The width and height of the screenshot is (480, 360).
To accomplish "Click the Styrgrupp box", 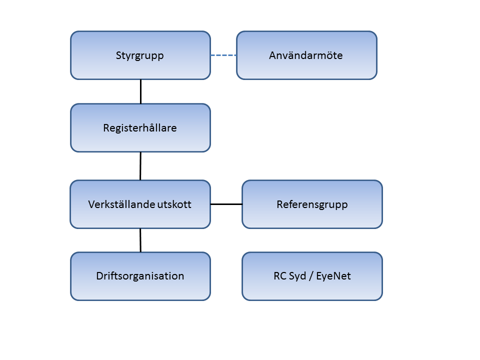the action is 140,55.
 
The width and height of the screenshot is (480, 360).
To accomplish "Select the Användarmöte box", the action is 306,55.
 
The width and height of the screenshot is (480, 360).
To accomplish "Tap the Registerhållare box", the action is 140,128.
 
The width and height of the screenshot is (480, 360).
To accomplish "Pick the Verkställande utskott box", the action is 140,204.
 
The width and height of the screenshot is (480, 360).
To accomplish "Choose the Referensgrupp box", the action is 312,204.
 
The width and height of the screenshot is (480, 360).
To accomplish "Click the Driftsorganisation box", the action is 140,276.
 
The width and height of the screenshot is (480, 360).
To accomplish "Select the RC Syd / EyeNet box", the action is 312,276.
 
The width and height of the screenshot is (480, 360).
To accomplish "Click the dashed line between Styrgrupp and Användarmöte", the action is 223,55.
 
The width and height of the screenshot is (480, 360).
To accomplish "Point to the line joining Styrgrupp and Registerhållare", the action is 141,91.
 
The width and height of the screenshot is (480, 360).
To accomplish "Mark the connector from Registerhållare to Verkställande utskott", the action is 140,166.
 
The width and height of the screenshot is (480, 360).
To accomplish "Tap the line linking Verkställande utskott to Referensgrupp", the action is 226,204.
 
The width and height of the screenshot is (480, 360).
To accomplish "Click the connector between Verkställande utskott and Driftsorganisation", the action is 140,240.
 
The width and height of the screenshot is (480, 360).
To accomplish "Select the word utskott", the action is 174,204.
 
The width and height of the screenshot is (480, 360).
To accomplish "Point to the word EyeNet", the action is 333,276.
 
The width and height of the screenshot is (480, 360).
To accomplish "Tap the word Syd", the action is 297,276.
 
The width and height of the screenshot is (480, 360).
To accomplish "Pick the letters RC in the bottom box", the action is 280,276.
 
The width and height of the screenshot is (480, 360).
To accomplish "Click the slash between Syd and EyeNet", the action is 311,276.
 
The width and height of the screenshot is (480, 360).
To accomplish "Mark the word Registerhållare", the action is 140,128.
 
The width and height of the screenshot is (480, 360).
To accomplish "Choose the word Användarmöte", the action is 306,55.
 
